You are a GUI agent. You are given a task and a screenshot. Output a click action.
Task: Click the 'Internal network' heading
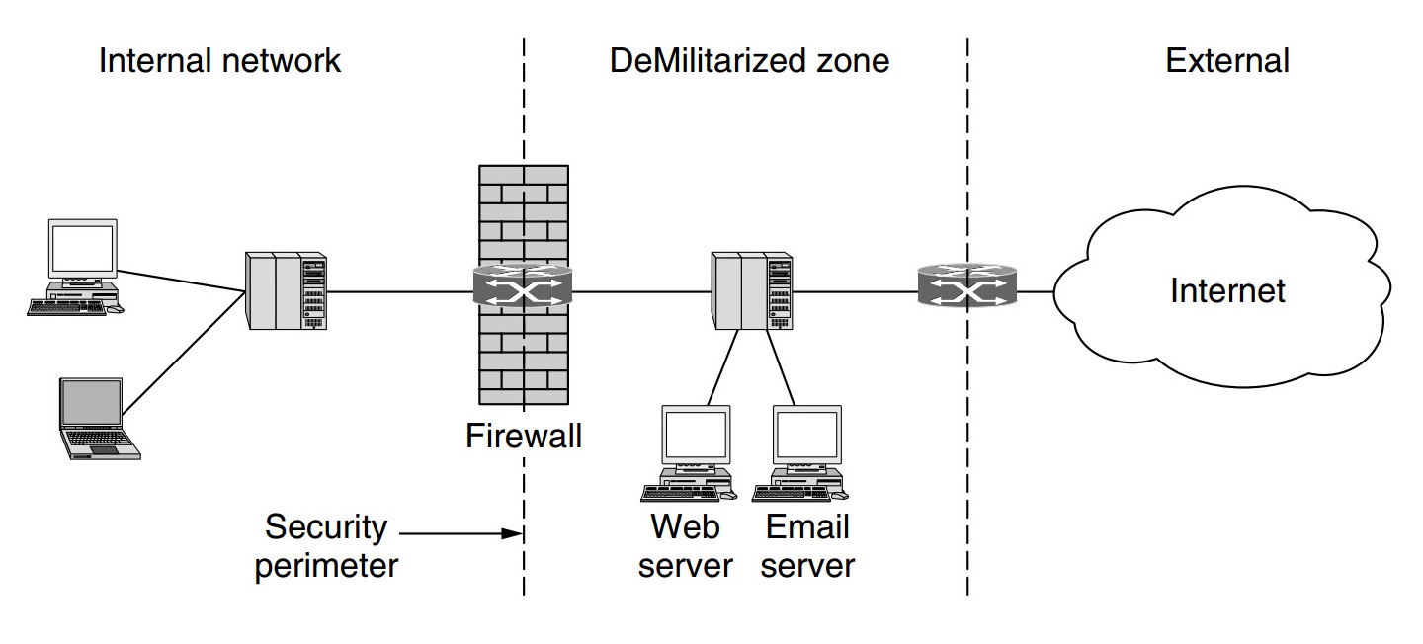tap(219, 61)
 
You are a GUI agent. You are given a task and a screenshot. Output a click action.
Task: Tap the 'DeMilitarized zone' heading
tap(749, 61)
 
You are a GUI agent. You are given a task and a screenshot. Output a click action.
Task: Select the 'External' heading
tap(1226, 61)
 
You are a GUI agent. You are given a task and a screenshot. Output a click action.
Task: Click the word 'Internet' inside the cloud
tap(1227, 291)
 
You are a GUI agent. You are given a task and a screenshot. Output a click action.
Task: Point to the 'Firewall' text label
tap(524, 436)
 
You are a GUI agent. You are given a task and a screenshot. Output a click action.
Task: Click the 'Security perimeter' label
tap(326, 546)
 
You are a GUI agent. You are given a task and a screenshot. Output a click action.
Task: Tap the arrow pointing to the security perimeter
tap(460, 534)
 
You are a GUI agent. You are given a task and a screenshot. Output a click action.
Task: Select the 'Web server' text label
tap(686, 546)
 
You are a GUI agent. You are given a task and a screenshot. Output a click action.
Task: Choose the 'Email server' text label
tap(807, 546)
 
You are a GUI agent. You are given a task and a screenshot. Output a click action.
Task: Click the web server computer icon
tap(693, 449)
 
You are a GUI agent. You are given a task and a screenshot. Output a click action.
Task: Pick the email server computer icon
tap(803, 449)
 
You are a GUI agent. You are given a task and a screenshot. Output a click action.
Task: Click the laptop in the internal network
tap(96, 418)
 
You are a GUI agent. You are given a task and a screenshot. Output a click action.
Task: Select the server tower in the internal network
tap(287, 290)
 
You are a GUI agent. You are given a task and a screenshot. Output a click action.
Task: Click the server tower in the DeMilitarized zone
tap(752, 290)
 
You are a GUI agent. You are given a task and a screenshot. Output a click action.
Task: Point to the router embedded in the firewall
tap(523, 285)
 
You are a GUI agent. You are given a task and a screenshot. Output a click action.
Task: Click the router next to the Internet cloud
tap(965, 285)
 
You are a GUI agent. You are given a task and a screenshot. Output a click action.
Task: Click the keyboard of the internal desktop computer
tap(67, 308)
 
